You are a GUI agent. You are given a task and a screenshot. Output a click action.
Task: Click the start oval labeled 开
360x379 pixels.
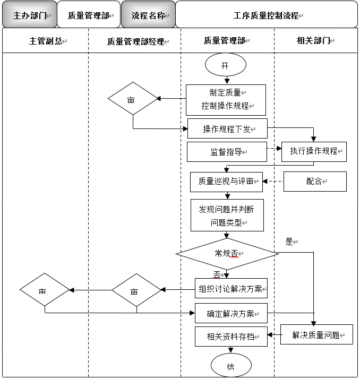coord(225,66)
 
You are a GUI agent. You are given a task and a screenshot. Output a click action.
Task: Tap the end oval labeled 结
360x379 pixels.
coord(231,366)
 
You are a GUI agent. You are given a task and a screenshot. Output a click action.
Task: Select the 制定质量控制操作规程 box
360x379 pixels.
coord(226,100)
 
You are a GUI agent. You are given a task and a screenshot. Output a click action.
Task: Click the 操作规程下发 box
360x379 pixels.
coord(227,129)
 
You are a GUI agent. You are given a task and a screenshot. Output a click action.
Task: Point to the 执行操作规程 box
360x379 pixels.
coord(314,151)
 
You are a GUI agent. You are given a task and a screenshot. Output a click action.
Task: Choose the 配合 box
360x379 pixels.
coord(315,182)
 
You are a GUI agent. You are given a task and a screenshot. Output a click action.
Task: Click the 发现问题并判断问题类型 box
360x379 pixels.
coord(227,215)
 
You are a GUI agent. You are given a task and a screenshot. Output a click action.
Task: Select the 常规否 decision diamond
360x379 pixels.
coord(227,254)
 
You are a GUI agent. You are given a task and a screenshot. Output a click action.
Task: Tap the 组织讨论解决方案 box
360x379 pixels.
coord(231,289)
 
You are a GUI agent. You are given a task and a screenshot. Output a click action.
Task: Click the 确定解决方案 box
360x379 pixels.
coord(231,313)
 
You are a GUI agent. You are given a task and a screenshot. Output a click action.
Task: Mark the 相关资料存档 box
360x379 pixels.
coord(231,336)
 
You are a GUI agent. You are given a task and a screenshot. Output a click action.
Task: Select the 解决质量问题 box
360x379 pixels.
coord(316,335)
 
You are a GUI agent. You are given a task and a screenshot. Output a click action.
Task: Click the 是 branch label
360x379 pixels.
coord(289,242)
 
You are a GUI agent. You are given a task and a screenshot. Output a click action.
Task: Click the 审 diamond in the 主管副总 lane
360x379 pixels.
coord(45,290)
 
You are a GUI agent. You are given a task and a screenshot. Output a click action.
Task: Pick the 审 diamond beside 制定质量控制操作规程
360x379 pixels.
coord(133,99)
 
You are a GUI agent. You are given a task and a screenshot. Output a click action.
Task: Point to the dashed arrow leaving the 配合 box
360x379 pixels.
coord(273,182)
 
